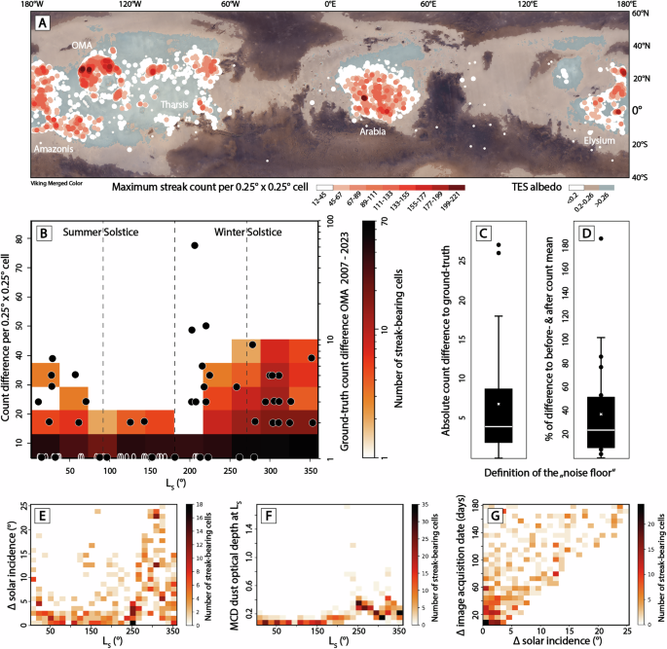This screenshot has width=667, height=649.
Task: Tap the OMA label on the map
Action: tap(83, 45)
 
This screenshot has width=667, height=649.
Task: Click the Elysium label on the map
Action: tap(600, 140)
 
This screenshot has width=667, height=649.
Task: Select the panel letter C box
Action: tap(482, 234)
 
